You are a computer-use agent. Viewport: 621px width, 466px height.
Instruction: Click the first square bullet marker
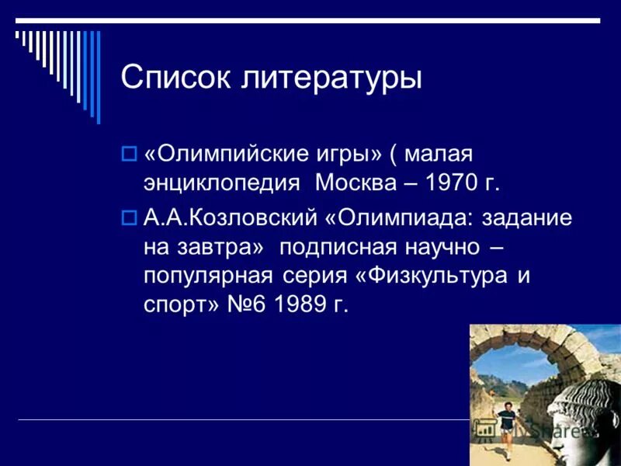click(130, 153)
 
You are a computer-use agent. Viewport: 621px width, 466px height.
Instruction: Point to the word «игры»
click(340, 155)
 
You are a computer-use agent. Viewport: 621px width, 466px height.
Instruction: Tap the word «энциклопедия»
click(221, 184)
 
